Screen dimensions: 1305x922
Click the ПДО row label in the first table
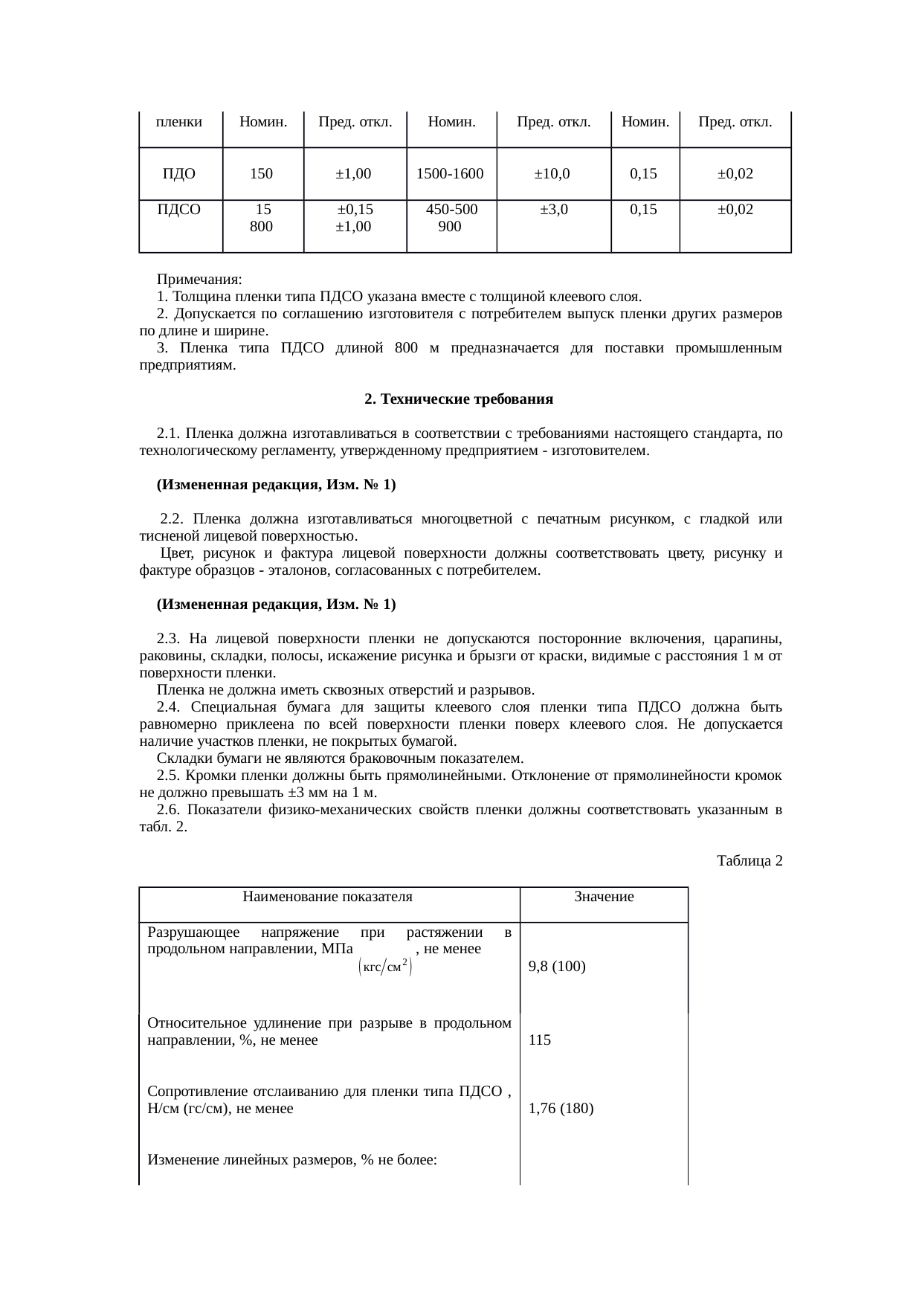point(179,174)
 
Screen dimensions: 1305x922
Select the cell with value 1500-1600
point(450,174)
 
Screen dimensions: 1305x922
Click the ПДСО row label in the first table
point(179,210)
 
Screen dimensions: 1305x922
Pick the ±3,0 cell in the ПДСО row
point(553,210)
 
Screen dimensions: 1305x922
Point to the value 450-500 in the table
point(451,210)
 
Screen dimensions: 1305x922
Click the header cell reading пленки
point(179,121)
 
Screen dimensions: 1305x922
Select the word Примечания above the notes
point(199,280)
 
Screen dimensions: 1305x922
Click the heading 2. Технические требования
point(459,399)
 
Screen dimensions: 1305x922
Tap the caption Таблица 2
point(749,861)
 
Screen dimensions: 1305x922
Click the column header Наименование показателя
point(327,897)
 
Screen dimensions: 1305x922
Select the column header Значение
point(604,897)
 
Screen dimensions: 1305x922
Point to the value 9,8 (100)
point(557,967)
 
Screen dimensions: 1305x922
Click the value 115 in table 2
point(540,1040)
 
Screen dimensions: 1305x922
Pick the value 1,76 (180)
point(561,1109)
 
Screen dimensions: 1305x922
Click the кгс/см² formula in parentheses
point(385,967)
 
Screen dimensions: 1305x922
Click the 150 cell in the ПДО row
point(261,174)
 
